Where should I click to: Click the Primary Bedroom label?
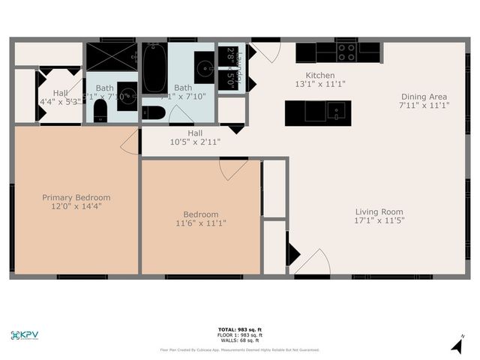tap(76, 198)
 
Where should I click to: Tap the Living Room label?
tap(379, 211)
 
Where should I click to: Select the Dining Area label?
tap(424, 97)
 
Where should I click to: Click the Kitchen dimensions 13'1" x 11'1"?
tap(320, 85)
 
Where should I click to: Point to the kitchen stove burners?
tap(346, 52)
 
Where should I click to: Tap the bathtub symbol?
tap(154, 68)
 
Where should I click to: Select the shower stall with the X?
tap(111, 56)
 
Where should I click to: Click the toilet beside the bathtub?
tap(153, 112)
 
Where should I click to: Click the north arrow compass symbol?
tap(457, 344)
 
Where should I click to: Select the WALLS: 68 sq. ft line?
tap(239, 340)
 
